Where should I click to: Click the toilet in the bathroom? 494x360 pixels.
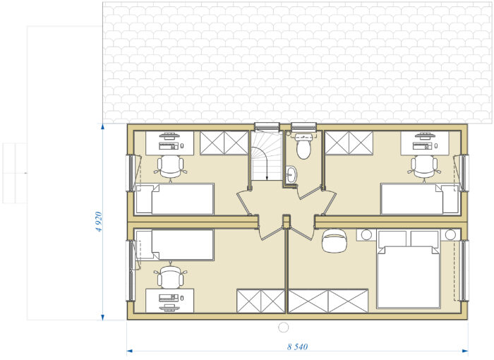303,146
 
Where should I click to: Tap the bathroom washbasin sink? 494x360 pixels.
291,174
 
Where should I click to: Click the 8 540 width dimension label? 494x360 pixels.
297,347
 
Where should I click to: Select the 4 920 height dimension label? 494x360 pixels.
99,222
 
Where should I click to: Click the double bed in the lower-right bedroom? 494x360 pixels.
409,269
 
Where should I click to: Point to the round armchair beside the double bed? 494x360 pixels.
335,241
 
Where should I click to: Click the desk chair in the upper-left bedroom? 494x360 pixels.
171,167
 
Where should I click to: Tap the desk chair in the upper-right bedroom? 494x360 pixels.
424,167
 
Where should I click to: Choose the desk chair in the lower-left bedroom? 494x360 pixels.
171,275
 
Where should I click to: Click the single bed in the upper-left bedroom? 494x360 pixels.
175,199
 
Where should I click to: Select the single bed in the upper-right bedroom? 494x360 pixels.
420,199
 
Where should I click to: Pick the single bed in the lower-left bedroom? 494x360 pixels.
175,245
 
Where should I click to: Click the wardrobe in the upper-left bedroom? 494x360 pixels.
224,143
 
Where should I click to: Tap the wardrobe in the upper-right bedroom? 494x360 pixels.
349,143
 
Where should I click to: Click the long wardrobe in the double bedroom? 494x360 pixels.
328,301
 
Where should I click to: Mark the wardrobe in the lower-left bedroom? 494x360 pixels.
261,301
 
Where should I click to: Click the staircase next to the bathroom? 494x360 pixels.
267,156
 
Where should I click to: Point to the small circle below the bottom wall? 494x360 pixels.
284,328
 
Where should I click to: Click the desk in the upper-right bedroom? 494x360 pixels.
425,143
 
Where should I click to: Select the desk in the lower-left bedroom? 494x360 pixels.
170,301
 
